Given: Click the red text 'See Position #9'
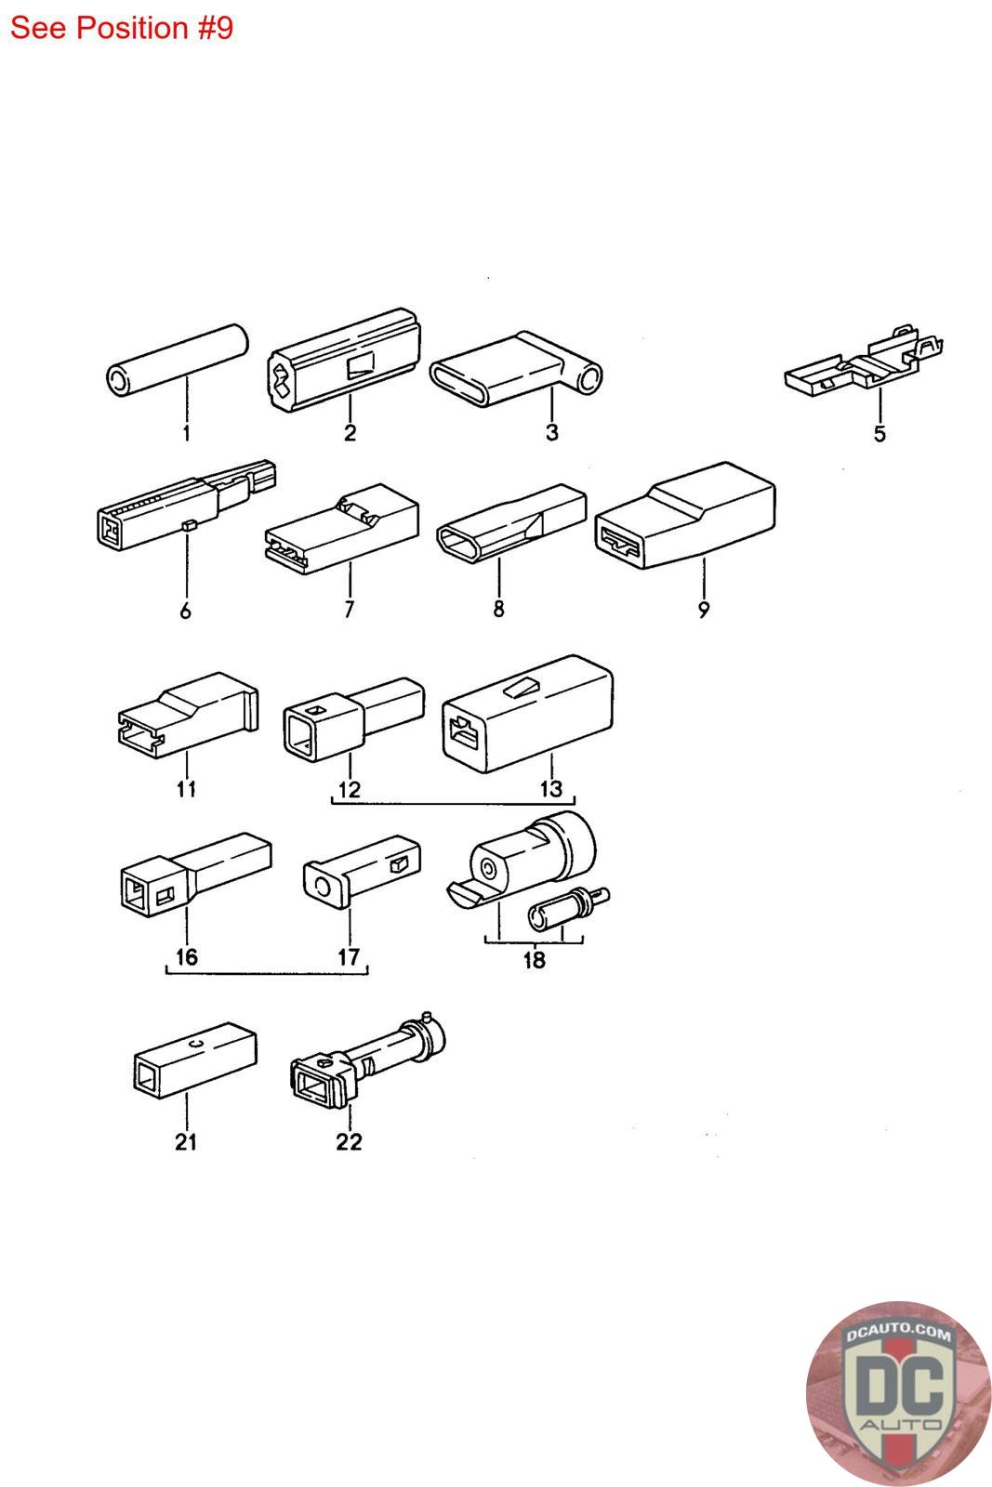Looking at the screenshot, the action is point(122,28).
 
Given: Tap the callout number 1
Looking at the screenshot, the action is point(186,433).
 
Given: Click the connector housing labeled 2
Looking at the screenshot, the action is point(344,361).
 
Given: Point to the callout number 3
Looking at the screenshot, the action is point(551,433).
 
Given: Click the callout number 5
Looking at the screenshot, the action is point(880,434).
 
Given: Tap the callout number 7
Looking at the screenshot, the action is point(350,611).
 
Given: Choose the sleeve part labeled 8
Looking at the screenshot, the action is point(511,521).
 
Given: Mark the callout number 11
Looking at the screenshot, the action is point(186,789).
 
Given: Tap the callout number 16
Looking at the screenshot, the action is point(186,957).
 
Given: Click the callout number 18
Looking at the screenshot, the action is point(534,961).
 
